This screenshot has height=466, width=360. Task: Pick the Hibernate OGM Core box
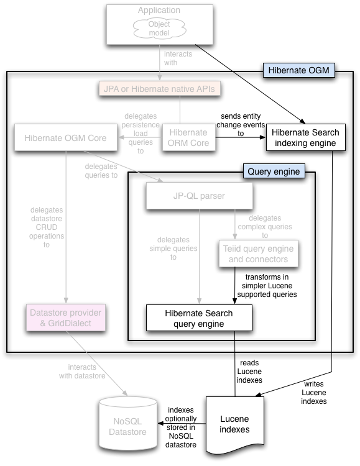[65, 137]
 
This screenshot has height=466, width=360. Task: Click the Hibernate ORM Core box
[188, 137]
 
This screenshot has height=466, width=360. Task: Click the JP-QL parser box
[199, 197]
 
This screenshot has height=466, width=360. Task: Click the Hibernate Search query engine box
[198, 318]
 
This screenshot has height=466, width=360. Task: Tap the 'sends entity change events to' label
[241, 124]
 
